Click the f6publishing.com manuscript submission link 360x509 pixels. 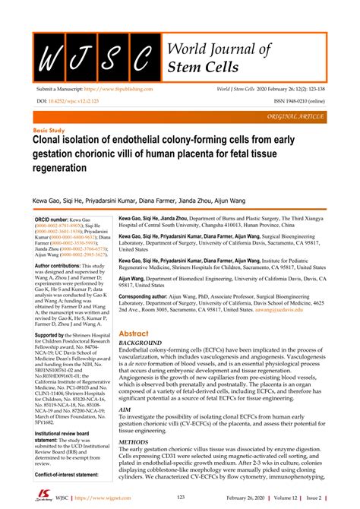click(x=153, y=90)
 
